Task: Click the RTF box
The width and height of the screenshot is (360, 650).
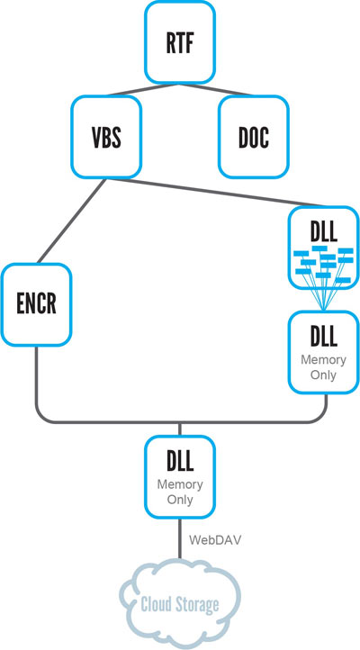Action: coord(180,42)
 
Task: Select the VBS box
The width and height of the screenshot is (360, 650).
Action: coord(106,136)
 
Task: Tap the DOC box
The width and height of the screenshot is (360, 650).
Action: coord(254,136)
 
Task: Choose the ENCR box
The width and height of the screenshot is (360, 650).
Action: coord(36,304)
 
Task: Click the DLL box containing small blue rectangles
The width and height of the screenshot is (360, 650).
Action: coord(323,248)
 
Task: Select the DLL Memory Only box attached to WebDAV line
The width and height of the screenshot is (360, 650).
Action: coord(180,477)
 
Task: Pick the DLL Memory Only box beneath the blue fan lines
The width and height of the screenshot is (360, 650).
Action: coord(323,352)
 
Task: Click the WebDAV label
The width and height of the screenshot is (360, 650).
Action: coord(215,540)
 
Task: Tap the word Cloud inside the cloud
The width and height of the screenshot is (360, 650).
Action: coord(156,605)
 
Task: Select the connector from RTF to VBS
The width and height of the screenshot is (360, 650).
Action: coord(142,90)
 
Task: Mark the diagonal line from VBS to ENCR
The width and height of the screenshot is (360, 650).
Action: coord(71,221)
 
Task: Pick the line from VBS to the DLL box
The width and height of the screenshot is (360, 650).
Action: coord(215,192)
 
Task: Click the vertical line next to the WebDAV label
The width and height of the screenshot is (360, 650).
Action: coord(180,538)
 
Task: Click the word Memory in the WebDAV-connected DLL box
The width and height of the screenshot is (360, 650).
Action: coord(180,484)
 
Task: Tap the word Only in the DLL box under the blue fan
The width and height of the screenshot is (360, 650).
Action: coord(323,375)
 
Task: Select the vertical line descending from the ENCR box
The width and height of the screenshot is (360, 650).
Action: coord(36,384)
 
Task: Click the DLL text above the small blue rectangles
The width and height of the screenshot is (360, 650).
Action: coord(323,233)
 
